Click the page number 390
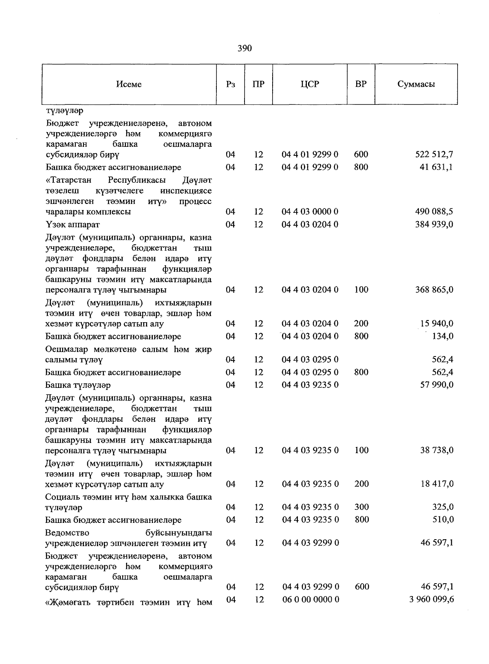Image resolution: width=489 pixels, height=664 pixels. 244,49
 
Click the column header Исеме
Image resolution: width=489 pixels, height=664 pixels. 129,84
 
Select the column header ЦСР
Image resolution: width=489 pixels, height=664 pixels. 310,84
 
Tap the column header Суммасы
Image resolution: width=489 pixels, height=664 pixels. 416,84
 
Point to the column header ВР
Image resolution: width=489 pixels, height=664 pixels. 361,84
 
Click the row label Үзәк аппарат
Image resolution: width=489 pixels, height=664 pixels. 73,225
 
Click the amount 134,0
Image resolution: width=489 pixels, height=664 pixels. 443,336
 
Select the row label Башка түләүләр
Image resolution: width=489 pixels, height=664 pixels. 78,385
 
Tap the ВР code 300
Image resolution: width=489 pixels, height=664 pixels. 361,507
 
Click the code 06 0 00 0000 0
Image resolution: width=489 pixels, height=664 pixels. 311,600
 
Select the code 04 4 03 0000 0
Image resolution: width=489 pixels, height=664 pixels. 310,212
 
